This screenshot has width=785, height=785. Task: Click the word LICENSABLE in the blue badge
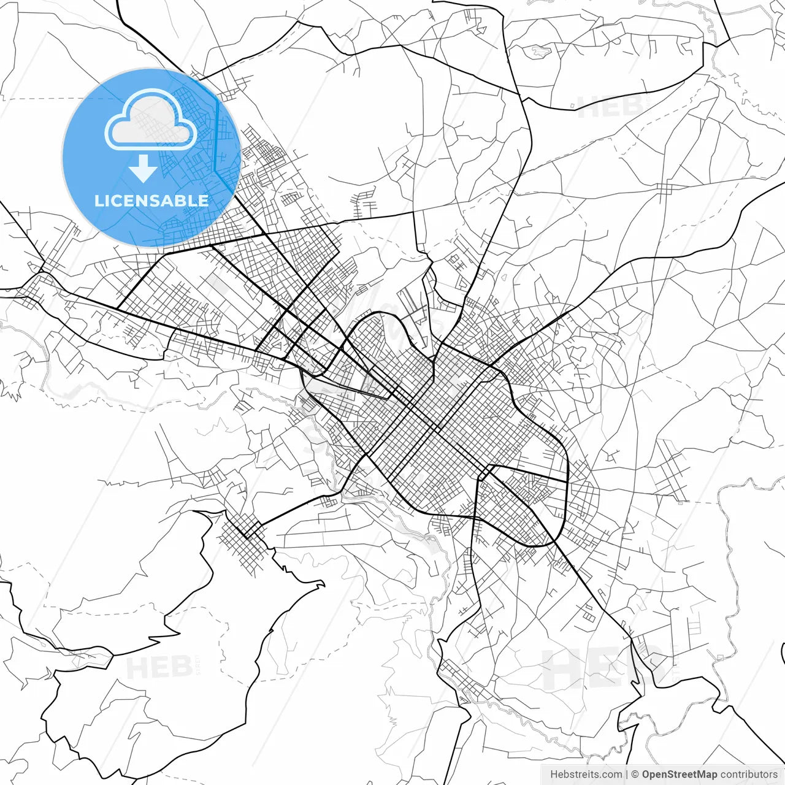tap(151, 201)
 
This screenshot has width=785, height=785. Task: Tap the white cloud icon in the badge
tap(151, 120)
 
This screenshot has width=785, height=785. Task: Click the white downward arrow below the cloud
tap(143, 168)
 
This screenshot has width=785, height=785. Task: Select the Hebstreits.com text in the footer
tap(586, 775)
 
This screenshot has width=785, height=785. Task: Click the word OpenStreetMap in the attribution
tap(679, 775)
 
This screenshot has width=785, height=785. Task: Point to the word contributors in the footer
tap(749, 775)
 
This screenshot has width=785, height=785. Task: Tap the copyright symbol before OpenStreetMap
tap(635, 775)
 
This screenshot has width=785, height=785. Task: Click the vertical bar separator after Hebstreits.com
tap(626, 775)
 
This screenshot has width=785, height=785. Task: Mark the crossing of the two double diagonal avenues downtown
tap(434, 427)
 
